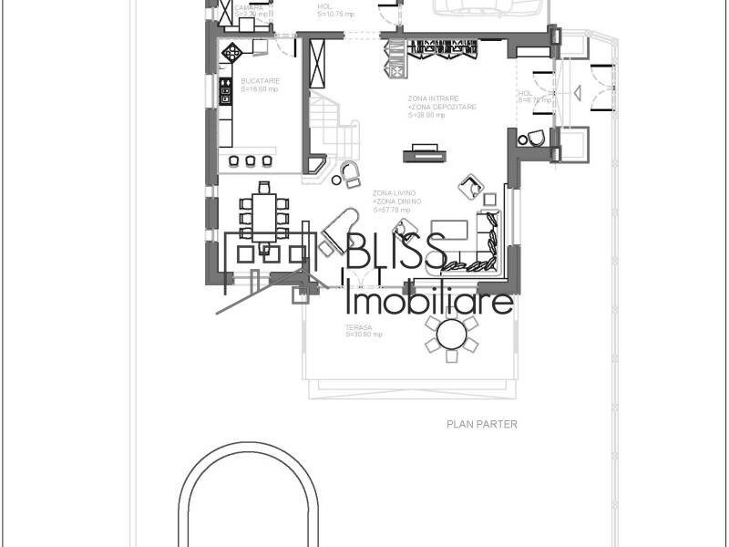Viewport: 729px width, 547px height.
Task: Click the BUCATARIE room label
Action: click(x=260, y=81)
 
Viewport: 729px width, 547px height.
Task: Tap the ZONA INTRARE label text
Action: click(x=434, y=98)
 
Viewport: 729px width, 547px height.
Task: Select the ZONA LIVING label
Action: click(x=394, y=194)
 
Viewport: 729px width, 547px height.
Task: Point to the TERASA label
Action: click(x=357, y=327)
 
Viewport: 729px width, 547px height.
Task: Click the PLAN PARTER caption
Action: click(x=481, y=424)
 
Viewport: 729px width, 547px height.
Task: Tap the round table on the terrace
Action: click(x=451, y=335)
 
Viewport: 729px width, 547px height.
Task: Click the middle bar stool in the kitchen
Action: click(x=250, y=161)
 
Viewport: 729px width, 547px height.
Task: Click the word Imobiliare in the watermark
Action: click(x=431, y=301)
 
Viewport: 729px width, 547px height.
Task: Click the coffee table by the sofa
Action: click(x=448, y=230)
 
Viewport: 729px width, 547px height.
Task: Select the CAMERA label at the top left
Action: click(x=249, y=8)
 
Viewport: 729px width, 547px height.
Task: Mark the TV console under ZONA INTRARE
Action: click(x=424, y=151)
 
